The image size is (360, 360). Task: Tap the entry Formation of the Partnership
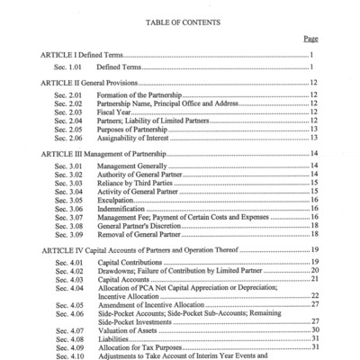(144, 94)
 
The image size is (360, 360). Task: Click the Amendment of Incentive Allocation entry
(157, 303)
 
